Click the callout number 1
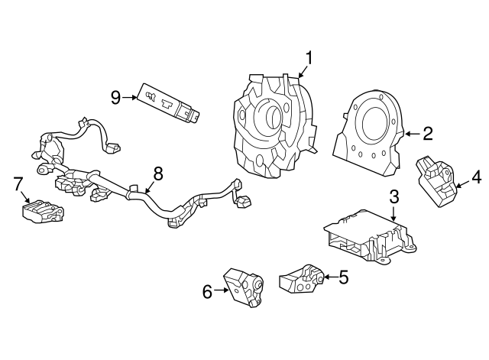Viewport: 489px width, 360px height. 309,58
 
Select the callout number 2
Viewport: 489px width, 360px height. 427,134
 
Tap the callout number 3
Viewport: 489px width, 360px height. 393,196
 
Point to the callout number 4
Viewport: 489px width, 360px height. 476,179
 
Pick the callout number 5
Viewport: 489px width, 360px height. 343,277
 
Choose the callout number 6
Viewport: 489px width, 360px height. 207,290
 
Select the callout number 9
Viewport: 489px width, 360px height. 115,97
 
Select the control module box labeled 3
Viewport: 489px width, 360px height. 367,237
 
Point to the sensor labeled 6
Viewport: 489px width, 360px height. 243,288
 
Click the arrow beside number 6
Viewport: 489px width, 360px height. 222,290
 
